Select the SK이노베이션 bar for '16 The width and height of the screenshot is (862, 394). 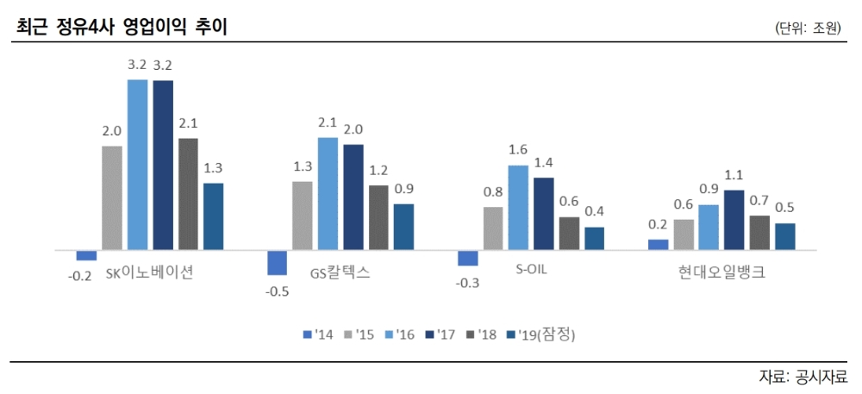point(138,164)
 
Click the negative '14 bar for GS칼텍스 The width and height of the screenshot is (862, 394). point(277,262)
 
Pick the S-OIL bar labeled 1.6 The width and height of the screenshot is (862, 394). point(517,207)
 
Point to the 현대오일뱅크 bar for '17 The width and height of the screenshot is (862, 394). point(734,220)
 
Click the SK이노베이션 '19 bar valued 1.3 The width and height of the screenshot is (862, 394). point(213,216)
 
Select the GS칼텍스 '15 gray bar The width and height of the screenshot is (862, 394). point(303,216)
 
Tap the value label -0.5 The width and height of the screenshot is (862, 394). point(277,291)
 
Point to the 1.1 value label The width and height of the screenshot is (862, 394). point(734,174)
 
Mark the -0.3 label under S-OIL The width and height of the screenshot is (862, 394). point(467,283)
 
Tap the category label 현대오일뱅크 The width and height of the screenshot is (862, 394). point(721,273)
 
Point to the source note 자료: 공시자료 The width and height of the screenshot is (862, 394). point(803,377)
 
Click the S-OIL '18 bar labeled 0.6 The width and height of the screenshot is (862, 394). point(569,233)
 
